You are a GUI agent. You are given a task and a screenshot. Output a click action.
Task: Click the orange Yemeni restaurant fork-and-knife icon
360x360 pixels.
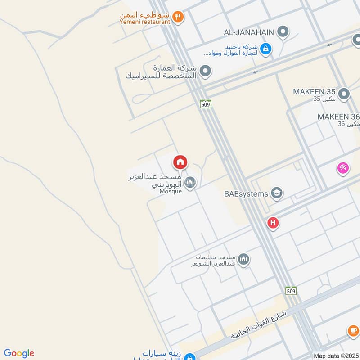(x=178, y=17)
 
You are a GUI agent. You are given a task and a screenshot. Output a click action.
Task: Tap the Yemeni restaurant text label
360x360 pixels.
(x=145, y=21)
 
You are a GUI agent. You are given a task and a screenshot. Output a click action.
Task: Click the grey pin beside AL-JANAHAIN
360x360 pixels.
(x=283, y=32)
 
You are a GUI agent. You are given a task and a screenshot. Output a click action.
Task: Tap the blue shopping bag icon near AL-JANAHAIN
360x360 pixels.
(x=266, y=48)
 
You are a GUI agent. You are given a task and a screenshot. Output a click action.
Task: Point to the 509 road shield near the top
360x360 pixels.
(x=206, y=103)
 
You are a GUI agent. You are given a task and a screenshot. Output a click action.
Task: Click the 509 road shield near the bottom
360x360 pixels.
(x=291, y=290)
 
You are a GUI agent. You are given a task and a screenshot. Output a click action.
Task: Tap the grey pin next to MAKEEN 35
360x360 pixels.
(x=344, y=94)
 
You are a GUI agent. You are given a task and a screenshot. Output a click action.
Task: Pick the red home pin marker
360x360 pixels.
(x=180, y=162)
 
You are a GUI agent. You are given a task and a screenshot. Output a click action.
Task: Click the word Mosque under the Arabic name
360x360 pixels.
(x=171, y=191)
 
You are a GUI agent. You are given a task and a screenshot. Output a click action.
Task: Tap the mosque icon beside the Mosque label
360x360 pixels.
(x=190, y=182)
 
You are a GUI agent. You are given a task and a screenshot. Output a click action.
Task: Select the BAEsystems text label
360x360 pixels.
(x=246, y=194)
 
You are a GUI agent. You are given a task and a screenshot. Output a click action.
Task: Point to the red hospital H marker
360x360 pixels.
(x=273, y=223)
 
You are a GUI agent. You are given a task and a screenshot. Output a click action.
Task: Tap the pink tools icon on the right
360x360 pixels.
(x=343, y=168)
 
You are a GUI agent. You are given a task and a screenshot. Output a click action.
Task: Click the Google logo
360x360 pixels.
(x=19, y=353)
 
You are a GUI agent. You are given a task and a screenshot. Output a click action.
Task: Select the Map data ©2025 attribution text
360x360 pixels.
(x=336, y=356)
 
